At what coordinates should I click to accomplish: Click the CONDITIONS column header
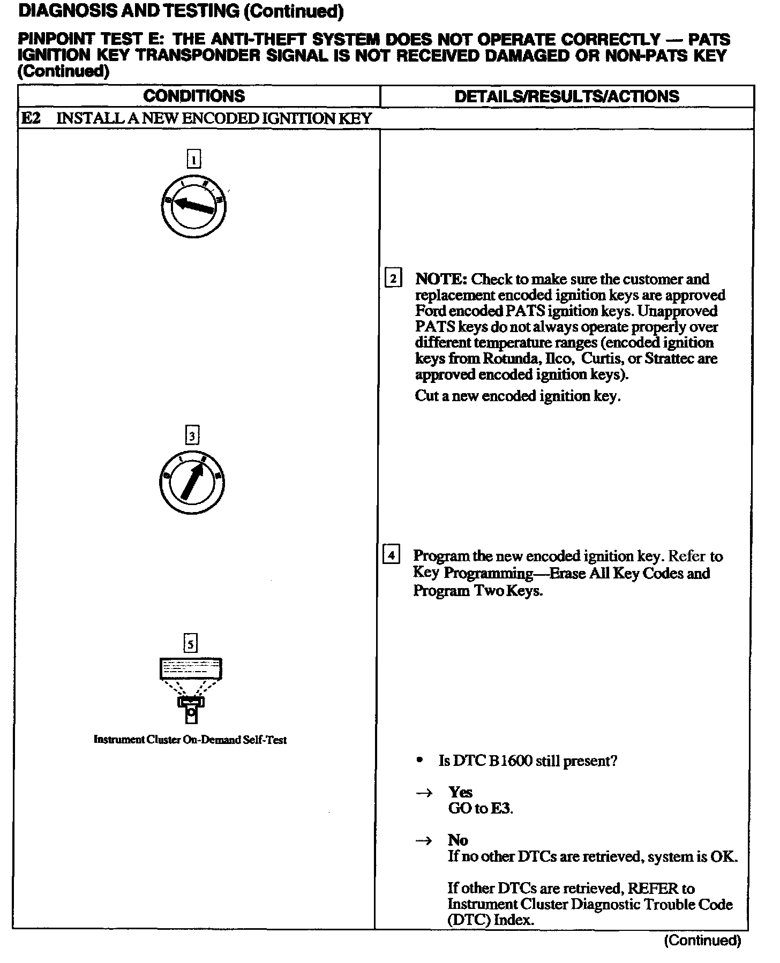(x=194, y=96)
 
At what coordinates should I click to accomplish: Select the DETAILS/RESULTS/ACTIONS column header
(x=566, y=96)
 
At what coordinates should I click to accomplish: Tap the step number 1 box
(x=193, y=159)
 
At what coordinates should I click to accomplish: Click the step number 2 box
(x=393, y=279)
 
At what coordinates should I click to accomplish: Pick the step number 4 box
(x=391, y=555)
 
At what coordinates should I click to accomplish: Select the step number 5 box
(x=191, y=643)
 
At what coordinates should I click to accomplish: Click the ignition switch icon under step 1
(x=193, y=206)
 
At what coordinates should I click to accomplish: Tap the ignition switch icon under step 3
(x=192, y=483)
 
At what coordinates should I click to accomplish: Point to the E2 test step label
(x=31, y=118)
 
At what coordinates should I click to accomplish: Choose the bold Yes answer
(x=460, y=792)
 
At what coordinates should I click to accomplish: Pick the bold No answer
(x=458, y=840)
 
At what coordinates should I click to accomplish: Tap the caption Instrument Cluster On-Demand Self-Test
(x=190, y=740)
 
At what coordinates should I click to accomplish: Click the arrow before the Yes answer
(x=424, y=793)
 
